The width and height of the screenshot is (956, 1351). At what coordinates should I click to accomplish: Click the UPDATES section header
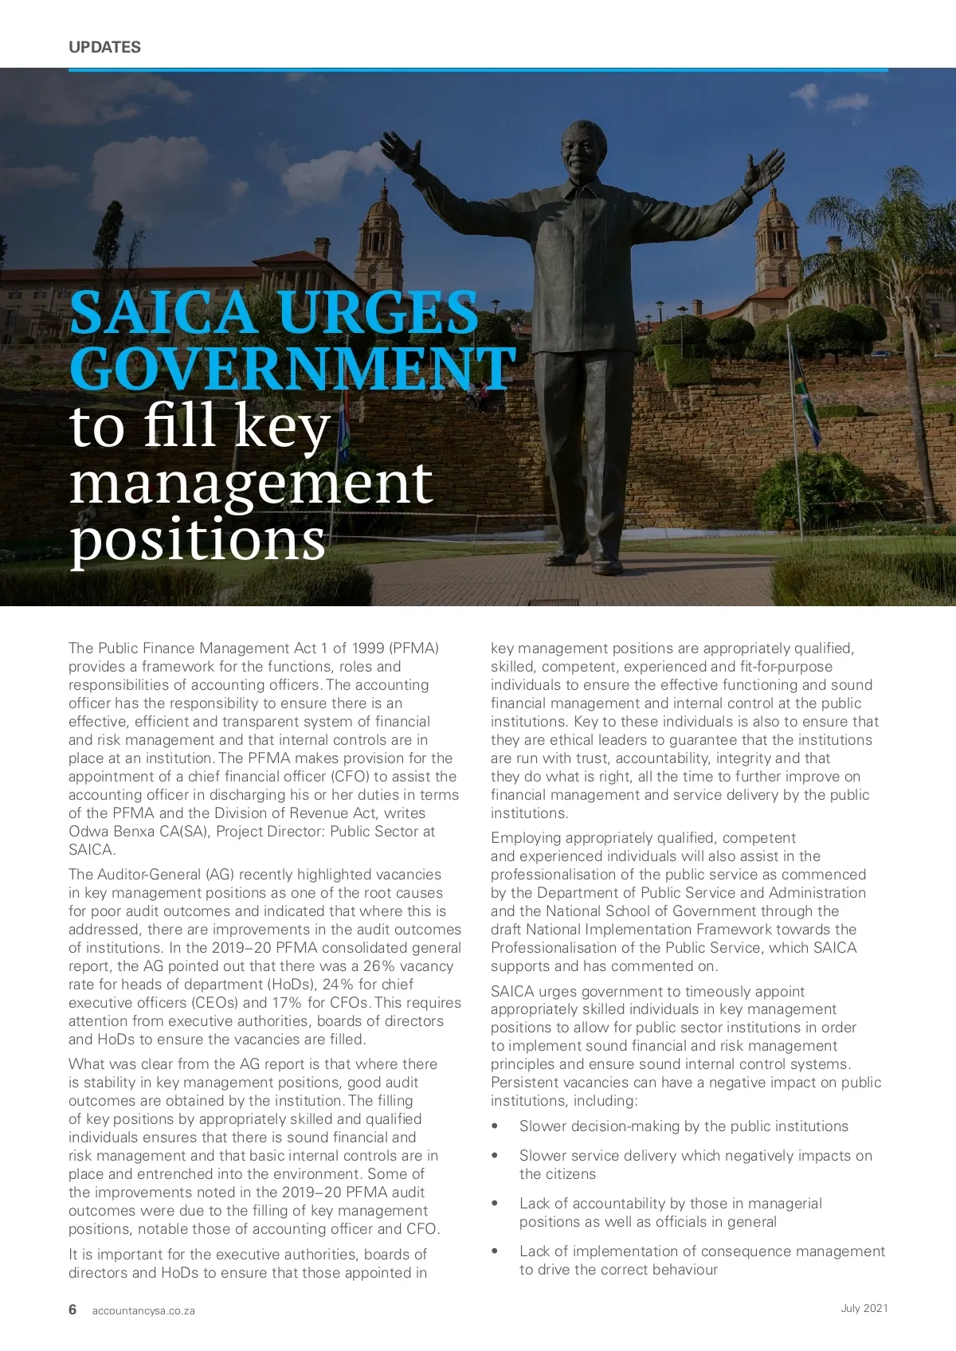pyautogui.click(x=104, y=47)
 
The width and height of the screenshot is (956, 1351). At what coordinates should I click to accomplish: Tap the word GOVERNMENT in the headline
pyautogui.click(x=292, y=368)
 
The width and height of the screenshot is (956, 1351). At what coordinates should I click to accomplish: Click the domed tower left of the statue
pyautogui.click(x=379, y=239)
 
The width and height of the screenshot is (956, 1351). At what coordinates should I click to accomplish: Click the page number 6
pyautogui.click(x=72, y=1310)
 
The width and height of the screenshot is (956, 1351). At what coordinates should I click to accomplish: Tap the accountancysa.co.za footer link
pyautogui.click(x=143, y=1310)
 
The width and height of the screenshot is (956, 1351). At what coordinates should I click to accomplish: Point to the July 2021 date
pyautogui.click(x=864, y=1308)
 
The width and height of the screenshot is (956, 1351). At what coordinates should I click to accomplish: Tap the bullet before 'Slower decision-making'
pyautogui.click(x=495, y=1126)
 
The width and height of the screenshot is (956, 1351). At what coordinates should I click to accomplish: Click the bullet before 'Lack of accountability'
pyautogui.click(x=495, y=1204)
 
